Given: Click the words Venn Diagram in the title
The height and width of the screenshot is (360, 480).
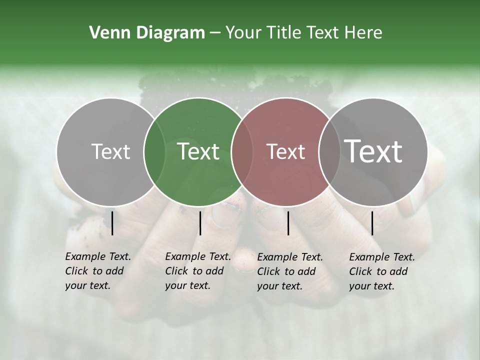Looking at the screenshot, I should point(147,33).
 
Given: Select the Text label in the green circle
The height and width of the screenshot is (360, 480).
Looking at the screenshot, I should point(198,151).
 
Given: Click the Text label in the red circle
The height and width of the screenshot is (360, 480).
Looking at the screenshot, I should point(285,151).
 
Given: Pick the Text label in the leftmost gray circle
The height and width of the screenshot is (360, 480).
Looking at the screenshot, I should point(110,151).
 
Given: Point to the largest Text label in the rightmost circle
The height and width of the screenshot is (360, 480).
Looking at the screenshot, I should point(373,151).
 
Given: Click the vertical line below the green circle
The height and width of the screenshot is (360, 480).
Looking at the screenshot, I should point(200,223).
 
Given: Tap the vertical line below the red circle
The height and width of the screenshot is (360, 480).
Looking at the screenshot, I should point(288,223).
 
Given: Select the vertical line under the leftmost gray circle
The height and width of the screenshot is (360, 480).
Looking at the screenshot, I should point(112,223).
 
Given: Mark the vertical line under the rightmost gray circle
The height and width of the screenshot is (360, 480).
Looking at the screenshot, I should point(372,223).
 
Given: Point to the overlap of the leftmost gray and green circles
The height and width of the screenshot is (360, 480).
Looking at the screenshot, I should point(154,151).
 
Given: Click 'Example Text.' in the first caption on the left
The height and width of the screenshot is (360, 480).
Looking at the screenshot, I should point(98,256).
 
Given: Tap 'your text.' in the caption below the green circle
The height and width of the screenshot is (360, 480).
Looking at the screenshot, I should point(187,286).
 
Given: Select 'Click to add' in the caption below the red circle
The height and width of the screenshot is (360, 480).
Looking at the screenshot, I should point(286,271).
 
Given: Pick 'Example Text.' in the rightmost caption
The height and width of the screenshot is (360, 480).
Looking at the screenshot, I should point(382,257).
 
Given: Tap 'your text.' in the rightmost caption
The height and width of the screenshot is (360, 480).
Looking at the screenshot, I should point(371,286).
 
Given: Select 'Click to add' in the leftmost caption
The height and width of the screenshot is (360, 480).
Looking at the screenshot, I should point(94,271).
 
